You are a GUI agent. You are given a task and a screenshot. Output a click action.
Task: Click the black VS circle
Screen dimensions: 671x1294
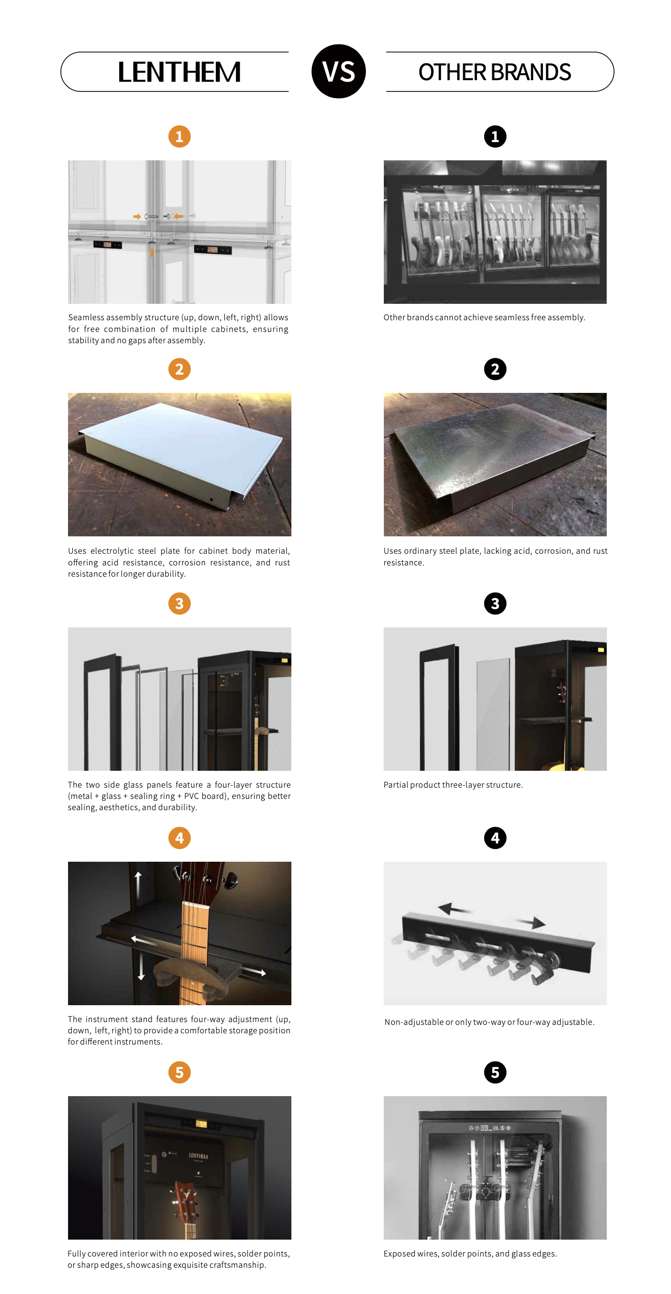coord(338,71)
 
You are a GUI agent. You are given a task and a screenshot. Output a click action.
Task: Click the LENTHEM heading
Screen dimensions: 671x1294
coord(179,72)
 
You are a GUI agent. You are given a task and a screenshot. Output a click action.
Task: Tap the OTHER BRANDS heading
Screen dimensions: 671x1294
coord(495,72)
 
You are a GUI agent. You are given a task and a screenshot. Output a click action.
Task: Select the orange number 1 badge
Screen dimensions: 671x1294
coord(179,136)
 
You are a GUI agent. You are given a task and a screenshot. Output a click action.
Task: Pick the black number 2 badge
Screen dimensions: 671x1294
coord(495,369)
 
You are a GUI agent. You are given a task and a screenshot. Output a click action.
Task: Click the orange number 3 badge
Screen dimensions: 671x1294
coord(179,603)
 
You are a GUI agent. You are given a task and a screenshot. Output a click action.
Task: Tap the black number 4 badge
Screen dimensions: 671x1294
coord(495,838)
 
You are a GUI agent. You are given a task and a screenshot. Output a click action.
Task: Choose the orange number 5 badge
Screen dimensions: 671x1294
coord(179,1073)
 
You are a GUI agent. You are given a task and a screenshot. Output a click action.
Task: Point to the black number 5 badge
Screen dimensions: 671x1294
coord(495,1073)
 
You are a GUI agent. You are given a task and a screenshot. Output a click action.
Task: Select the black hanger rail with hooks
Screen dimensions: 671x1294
coord(497,944)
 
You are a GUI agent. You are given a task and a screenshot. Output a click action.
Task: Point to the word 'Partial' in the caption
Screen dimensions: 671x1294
coord(396,785)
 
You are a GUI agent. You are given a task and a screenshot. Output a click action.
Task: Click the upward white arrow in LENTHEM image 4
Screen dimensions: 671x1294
coord(138,886)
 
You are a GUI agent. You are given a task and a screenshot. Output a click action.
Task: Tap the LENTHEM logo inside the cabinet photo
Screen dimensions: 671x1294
coord(198,1156)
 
